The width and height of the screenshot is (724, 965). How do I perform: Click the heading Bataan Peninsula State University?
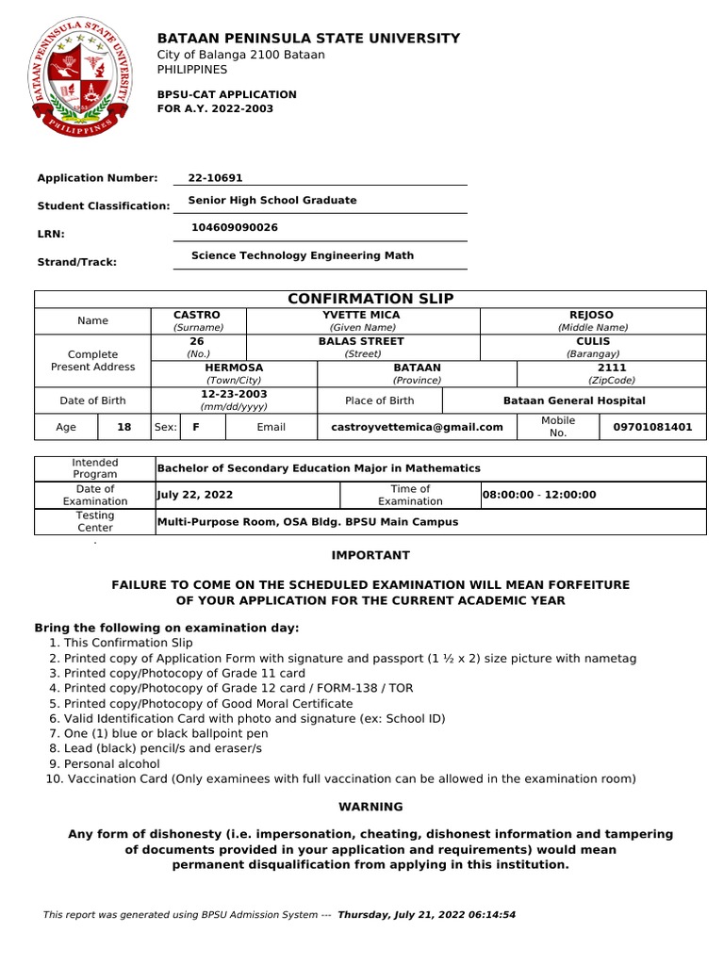tap(308, 39)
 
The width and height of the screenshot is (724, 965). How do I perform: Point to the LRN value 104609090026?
tap(235, 228)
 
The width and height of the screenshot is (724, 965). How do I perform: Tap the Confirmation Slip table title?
tap(370, 299)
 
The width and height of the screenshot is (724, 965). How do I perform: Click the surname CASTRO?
tap(197, 315)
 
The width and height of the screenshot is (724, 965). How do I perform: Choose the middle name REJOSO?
tap(592, 315)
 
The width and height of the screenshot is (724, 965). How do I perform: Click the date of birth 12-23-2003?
tap(234, 394)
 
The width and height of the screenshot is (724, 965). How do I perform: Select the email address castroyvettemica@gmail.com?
tap(417, 427)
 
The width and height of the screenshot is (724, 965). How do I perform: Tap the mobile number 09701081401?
tap(652, 427)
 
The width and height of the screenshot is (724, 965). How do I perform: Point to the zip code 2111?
tap(611, 368)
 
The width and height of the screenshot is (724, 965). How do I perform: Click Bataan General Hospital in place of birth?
tap(574, 401)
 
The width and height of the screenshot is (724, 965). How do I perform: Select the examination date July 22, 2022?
tap(195, 495)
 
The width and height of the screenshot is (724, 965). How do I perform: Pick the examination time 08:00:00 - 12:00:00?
tap(539, 495)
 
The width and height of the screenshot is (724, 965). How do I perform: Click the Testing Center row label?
tap(95, 521)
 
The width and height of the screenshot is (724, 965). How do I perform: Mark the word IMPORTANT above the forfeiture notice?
tap(370, 556)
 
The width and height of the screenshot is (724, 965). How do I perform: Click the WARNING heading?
tap(370, 807)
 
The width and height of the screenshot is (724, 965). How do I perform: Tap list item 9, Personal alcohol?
tap(111, 763)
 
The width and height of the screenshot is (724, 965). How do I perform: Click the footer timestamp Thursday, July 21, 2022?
tap(426, 915)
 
